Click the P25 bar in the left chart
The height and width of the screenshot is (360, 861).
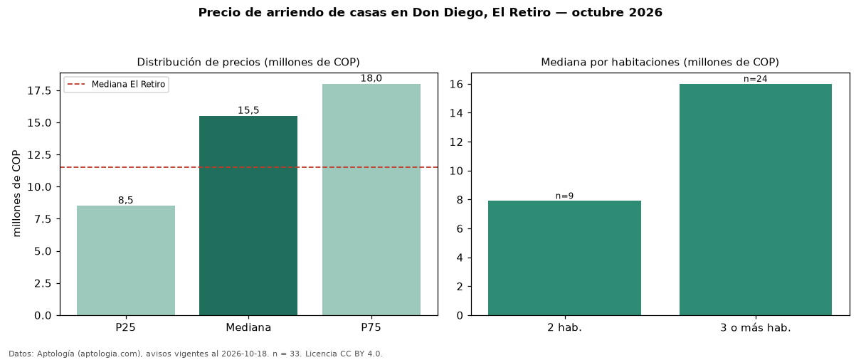point(126,260)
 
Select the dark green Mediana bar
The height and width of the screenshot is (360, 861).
point(248,216)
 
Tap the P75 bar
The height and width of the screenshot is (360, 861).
point(371,200)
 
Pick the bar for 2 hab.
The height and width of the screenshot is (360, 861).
point(564,258)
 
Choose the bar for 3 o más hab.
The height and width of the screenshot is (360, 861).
point(755,200)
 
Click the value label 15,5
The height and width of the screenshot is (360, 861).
point(248,110)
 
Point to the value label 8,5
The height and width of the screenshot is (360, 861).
point(126,200)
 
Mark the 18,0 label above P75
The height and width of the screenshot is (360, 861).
point(371,78)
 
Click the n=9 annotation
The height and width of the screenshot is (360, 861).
point(564,196)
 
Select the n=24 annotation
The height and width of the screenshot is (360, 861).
point(755,79)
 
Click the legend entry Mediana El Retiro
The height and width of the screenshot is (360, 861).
point(116,84)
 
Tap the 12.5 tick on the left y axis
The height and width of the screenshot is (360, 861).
point(39,155)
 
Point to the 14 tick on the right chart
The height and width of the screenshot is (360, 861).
point(456,113)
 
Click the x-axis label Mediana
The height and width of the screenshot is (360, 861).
point(248,327)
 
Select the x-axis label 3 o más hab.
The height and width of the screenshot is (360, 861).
point(755,328)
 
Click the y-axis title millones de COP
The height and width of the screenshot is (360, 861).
point(16,194)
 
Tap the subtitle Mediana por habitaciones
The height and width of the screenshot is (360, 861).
point(611,62)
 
